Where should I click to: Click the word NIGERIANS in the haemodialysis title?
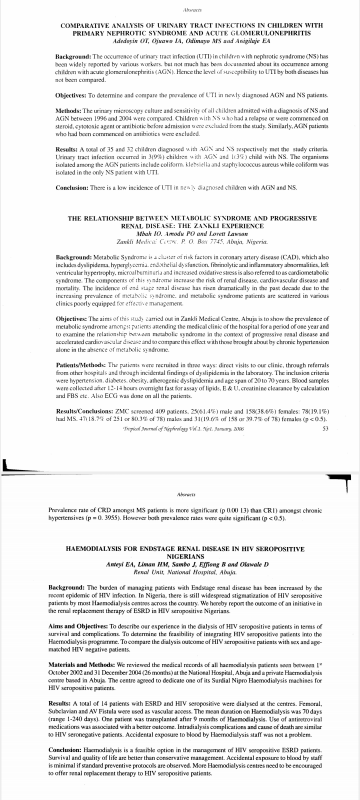(185, 556)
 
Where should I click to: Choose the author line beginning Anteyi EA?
(187, 564)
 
